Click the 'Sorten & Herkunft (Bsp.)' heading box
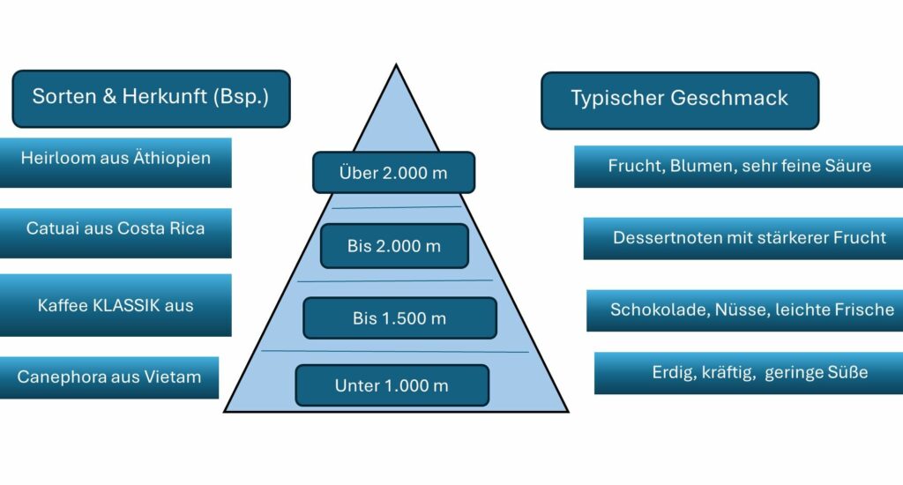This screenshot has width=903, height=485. (x=151, y=98)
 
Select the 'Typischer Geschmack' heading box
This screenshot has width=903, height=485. (x=679, y=100)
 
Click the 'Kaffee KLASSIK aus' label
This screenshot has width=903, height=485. (x=116, y=305)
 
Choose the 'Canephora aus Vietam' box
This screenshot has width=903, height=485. (x=109, y=377)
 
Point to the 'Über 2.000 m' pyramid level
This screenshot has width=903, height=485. (x=393, y=173)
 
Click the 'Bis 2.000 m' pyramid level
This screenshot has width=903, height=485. (x=393, y=246)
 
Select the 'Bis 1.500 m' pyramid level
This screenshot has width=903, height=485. (x=399, y=318)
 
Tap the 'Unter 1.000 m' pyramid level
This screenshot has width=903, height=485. (x=392, y=385)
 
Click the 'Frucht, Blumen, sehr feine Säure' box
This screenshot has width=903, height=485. (x=739, y=167)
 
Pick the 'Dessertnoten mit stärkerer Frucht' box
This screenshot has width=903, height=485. (x=748, y=238)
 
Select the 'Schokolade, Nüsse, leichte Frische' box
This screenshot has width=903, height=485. (x=751, y=310)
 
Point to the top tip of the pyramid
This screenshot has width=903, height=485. (x=396, y=67)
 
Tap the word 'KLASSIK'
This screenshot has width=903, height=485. (x=127, y=306)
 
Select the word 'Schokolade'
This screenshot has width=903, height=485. (x=651, y=310)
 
